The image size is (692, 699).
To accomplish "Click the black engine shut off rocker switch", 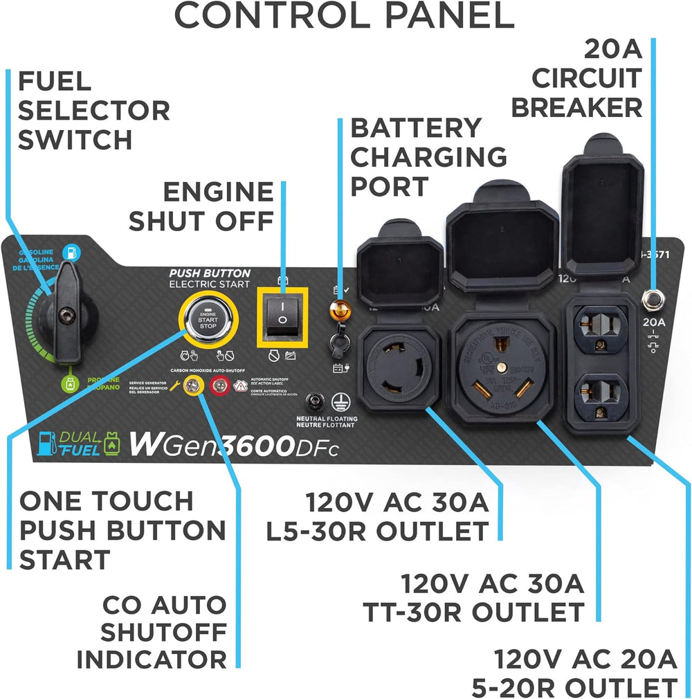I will coord(282,318).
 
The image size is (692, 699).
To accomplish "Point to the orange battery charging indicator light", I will coord(339,307).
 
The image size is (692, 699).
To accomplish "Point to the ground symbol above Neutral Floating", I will coord(338,401).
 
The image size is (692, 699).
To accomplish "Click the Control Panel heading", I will coord(344,17).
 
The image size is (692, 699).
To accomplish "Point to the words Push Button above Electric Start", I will coord(210,273).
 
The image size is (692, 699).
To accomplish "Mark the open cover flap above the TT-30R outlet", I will coord(502,236).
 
